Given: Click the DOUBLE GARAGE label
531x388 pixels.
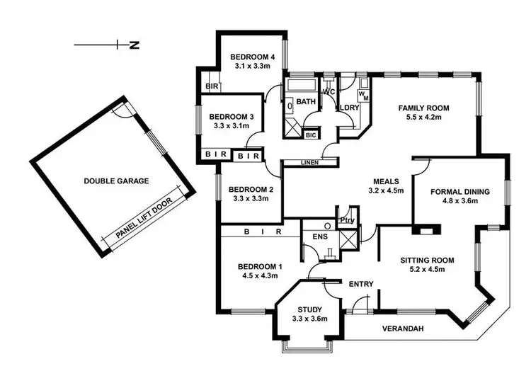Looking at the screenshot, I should click(117, 181).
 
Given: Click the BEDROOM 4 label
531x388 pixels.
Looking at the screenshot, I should click(253, 57).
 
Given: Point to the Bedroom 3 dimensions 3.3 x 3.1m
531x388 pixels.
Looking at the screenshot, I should click(232, 125).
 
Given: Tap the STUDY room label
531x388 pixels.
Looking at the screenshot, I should click(309, 309).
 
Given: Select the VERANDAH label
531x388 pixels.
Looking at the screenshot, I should click(403, 329).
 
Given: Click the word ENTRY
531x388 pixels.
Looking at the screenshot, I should click(361, 284).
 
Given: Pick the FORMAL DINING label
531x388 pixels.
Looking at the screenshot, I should click(461, 191).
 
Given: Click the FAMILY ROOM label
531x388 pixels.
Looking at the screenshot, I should click(423, 108).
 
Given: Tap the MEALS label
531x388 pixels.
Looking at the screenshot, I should click(387, 181).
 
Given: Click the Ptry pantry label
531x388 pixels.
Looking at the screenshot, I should click(347, 219).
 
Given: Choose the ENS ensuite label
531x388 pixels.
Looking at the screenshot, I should click(310, 237).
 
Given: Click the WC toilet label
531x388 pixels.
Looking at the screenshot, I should click(329, 92).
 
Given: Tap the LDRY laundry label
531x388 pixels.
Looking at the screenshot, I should click(350, 108).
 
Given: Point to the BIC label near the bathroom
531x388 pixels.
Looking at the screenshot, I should click(311, 134).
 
